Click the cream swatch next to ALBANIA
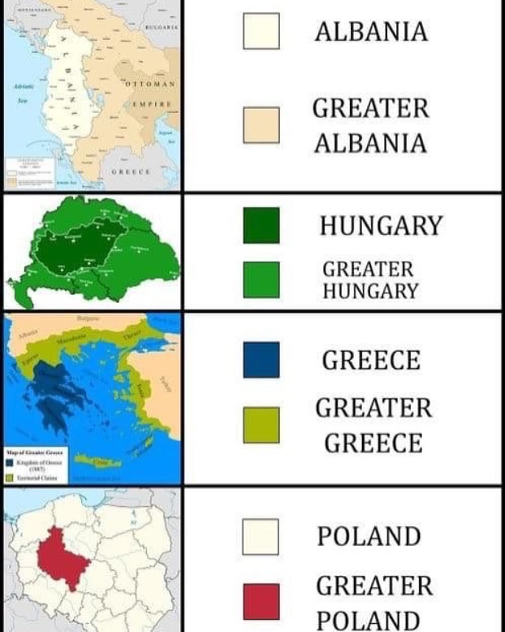tap(261, 32)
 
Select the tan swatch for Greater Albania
tap(261, 125)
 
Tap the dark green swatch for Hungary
tap(261, 225)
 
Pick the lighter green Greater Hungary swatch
tap(261, 279)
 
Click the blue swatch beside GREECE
tap(261, 360)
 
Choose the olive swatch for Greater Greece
tap(261, 425)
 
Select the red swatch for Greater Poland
tap(261, 602)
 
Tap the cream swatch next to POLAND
tap(261, 536)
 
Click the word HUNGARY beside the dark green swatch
tap(381, 225)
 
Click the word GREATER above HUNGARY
tap(368, 269)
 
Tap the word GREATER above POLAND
tap(374, 585)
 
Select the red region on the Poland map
tap(60, 557)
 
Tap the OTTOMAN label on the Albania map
tap(152, 84)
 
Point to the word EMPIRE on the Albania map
tap(152, 104)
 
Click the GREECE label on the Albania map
tap(131, 172)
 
